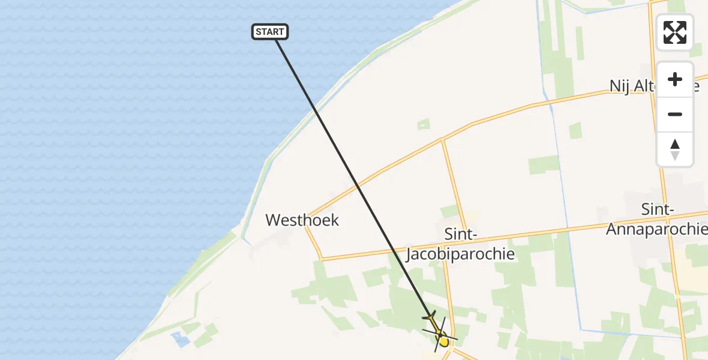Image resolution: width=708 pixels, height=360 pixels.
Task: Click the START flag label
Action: click(x=270, y=32)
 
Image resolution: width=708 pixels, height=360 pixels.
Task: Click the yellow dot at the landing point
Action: click(x=443, y=341)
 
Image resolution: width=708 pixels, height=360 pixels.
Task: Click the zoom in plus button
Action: click(x=675, y=79)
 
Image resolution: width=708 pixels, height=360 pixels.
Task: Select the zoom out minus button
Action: click(x=675, y=114)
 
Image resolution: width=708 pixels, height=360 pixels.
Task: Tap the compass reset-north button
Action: click(x=675, y=149)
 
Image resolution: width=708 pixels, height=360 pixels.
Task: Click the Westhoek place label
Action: click(x=302, y=220)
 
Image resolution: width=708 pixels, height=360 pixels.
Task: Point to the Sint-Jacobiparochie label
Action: click(x=460, y=244)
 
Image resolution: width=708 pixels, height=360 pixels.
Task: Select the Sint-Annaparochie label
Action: click(x=657, y=219)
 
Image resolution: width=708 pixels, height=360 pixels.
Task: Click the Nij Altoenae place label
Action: click(x=654, y=86)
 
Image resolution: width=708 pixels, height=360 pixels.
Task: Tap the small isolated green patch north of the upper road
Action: click(x=424, y=124)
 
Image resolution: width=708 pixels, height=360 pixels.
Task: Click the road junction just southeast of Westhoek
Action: click(x=322, y=259)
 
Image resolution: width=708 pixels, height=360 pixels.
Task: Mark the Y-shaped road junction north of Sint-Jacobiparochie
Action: click(x=443, y=139)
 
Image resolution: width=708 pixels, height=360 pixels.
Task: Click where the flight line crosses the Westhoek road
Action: click(x=358, y=187)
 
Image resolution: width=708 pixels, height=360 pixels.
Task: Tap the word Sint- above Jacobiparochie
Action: click(x=460, y=233)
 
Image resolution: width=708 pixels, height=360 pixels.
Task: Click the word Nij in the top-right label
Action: click(x=620, y=86)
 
